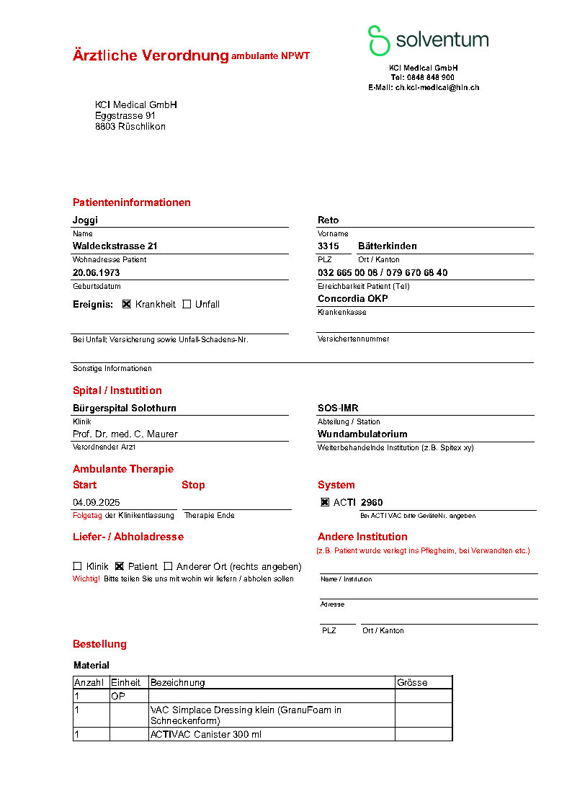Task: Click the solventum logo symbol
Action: (378, 40)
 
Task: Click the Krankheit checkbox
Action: (127, 304)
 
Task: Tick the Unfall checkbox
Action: (187, 304)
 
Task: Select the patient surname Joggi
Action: (85, 220)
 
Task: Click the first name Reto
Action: (328, 220)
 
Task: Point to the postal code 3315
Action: (329, 246)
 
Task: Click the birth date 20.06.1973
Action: (96, 273)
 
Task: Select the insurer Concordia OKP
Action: (352, 299)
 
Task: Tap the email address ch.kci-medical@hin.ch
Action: (437, 87)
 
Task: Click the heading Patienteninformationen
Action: (132, 202)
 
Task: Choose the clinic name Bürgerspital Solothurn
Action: (125, 408)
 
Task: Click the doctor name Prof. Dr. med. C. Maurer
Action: (125, 434)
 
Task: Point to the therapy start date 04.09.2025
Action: (96, 503)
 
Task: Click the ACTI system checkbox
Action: (325, 503)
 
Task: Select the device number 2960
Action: (372, 503)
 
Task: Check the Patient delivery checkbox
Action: (120, 566)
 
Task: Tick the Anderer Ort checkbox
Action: (169, 566)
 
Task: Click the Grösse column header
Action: (412, 682)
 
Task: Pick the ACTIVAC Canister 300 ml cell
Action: (206, 734)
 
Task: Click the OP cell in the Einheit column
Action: (118, 697)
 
